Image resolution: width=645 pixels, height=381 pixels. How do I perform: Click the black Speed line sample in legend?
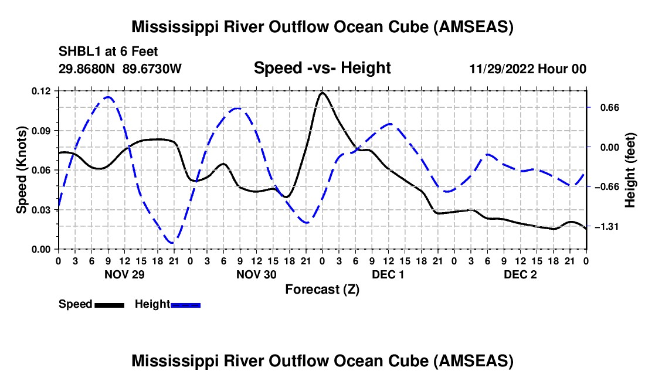(109, 305)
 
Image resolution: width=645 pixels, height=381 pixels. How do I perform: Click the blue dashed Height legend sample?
(185, 305)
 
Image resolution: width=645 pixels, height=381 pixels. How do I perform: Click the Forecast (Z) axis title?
(322, 289)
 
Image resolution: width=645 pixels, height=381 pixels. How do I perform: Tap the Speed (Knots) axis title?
(22, 170)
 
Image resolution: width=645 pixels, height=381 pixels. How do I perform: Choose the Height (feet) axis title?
(630, 170)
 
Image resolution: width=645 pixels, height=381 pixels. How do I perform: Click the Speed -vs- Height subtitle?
(322, 69)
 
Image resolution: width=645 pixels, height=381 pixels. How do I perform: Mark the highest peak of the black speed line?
(322, 93)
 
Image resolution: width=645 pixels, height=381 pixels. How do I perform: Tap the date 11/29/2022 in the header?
(502, 69)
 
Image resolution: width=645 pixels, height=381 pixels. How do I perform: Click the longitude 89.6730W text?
(152, 69)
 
